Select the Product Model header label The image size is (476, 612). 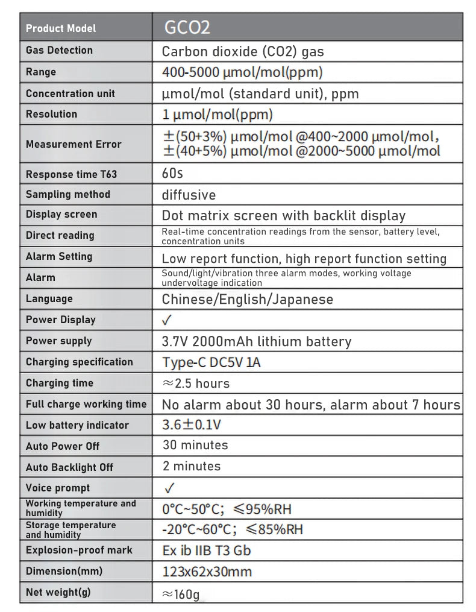tap(61, 28)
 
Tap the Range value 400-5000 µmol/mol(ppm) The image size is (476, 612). tap(242, 72)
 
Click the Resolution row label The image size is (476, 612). tap(52, 114)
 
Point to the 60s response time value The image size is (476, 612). tap(172, 174)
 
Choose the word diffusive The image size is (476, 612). tap(189, 195)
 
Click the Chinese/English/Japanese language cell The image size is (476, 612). tap(247, 299)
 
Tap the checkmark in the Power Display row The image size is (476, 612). tap(168, 320)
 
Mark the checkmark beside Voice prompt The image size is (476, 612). tap(169, 488)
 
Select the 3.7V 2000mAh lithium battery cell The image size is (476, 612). tap(257, 341)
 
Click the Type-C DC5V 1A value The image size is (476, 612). tap(211, 362)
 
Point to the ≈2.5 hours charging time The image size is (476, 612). tap(196, 383)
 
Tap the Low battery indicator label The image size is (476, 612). tap(77, 425)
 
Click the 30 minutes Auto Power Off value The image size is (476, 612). tap(196, 446)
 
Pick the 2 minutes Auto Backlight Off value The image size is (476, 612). tap(192, 466)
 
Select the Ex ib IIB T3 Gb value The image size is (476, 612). tap(207, 550)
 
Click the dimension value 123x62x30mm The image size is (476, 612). tap(207, 572)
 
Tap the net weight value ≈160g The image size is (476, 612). tap(181, 594)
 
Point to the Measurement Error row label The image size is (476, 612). tap(74, 144)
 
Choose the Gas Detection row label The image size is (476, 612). tap(59, 50)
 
